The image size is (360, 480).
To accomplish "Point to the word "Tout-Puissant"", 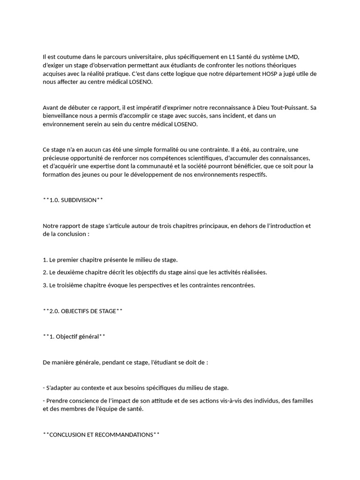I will tap(289, 107).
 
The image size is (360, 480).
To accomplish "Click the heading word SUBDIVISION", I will tap(78, 200).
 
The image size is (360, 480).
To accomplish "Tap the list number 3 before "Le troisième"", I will tap(45, 285).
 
